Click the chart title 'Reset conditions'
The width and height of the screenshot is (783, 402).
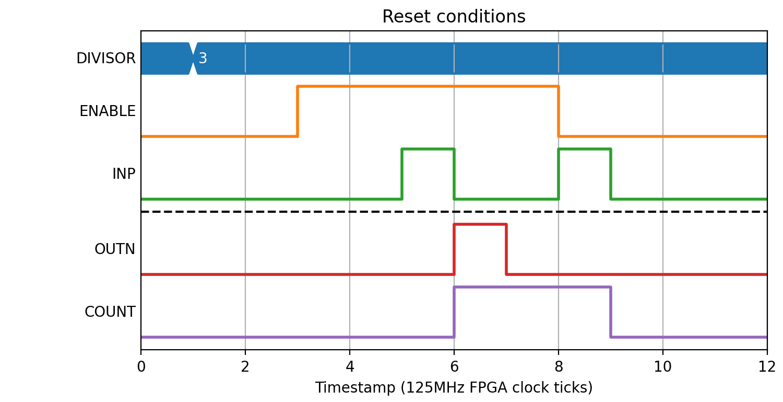454,16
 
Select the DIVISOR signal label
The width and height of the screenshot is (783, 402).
106,58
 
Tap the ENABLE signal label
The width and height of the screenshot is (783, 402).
108,111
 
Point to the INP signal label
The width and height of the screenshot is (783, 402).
124,174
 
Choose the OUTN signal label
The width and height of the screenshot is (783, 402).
115,249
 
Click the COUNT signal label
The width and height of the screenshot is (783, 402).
110,312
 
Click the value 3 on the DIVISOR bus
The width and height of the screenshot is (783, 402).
203,58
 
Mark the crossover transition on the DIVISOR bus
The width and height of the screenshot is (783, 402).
193,59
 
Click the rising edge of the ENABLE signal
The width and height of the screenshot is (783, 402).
298,111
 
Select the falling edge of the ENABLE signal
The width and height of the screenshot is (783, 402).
559,111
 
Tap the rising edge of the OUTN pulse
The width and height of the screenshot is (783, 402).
454,249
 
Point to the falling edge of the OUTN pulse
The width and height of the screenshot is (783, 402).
506,249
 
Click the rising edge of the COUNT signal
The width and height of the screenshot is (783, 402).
454,312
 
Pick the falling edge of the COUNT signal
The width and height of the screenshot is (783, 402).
611,312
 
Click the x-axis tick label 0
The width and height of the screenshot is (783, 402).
141,366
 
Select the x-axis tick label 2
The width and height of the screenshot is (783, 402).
245,366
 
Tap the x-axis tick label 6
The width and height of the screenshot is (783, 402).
454,366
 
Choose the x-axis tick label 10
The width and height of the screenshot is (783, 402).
663,366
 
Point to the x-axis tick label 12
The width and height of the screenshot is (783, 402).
767,366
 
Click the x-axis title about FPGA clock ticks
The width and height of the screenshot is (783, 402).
454,388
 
